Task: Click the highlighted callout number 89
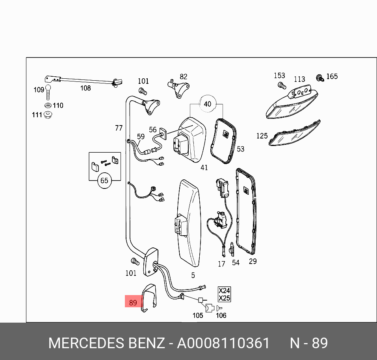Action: [133, 303]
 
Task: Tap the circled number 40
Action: [207, 104]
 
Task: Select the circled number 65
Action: [104, 181]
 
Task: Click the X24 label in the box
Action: [224, 291]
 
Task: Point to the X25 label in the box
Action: [224, 298]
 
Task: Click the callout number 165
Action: [332, 76]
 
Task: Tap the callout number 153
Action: [279, 76]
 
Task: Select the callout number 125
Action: [262, 136]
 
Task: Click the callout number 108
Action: [85, 88]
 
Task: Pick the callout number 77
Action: [119, 128]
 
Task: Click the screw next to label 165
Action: [320, 78]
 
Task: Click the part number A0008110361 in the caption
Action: [223, 343]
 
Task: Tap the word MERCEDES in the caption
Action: [86, 343]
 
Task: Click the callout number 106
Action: [221, 315]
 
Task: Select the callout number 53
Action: [240, 149]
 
